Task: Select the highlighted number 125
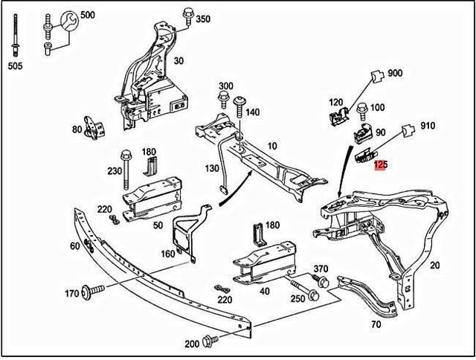tap(381, 165)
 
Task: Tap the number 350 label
tap(203, 19)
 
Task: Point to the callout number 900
tap(395, 74)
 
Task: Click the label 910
tap(427, 126)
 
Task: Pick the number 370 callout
tap(321, 269)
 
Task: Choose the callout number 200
tap(192, 344)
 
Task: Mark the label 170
tap(71, 294)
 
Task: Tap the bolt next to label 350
tap(185, 16)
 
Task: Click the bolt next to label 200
tap(209, 341)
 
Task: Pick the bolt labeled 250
tap(305, 289)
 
